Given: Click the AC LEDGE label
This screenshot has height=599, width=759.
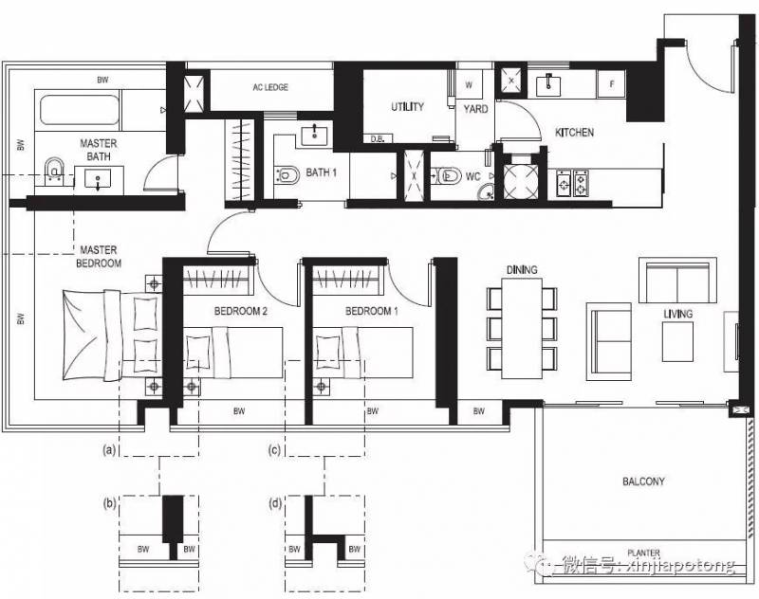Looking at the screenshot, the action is tap(270, 87).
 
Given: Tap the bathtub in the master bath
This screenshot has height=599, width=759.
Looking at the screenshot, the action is tap(80, 110).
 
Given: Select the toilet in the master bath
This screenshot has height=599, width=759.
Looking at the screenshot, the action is tap(53, 171).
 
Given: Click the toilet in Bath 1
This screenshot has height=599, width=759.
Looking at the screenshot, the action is tap(287, 175).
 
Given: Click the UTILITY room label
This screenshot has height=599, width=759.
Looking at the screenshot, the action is tap(408, 107).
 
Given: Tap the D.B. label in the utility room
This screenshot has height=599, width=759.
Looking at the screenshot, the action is tap(378, 139).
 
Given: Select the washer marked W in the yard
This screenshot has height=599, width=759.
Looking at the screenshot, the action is tap(469, 85).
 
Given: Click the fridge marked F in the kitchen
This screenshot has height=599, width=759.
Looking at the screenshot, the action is tap(611, 84).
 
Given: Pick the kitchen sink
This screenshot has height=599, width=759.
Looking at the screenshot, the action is tap(548, 85).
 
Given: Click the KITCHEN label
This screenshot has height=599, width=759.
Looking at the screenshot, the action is tap(574, 133).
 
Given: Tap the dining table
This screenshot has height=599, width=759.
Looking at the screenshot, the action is tap(522, 329).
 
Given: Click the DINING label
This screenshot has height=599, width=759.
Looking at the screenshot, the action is tap(522, 270).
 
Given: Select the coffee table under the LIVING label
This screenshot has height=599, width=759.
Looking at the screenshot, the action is tap(677, 341).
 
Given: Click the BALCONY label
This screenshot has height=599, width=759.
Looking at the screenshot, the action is tap(643, 481).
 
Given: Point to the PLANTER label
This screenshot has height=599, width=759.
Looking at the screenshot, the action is tap(644, 553).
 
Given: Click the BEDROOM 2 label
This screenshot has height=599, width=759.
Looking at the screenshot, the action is tap(241, 311).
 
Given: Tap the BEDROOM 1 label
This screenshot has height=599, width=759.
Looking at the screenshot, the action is tap(371, 311).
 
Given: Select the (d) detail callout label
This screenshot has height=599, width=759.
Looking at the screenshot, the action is tap(274, 504).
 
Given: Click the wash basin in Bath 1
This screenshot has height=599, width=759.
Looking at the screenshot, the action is tap(315, 135).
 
